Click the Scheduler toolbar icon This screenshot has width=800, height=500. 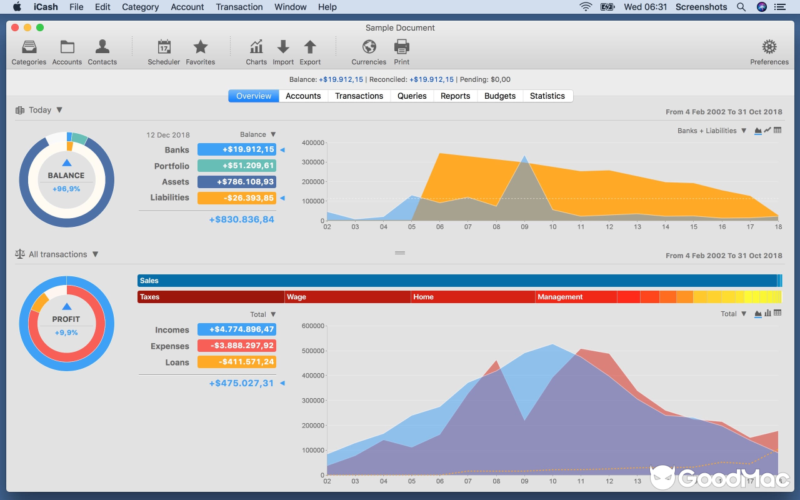[x=164, y=47]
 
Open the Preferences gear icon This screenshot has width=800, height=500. [x=769, y=47]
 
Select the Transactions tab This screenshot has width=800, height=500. [x=359, y=96]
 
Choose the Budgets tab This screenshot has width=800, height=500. [x=500, y=96]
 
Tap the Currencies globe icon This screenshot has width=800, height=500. [x=369, y=47]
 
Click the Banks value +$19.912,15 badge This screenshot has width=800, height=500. [x=237, y=150]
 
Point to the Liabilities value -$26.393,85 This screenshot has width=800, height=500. [x=237, y=198]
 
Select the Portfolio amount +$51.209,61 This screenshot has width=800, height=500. [x=237, y=166]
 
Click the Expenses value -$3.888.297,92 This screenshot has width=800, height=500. [x=237, y=346]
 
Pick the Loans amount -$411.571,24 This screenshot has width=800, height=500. [x=237, y=362]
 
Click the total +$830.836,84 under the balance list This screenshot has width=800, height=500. [x=241, y=220]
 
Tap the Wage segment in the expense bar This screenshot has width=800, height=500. [x=347, y=297]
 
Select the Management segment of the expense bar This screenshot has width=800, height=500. [x=575, y=297]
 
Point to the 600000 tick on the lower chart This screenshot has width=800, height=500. [x=313, y=326]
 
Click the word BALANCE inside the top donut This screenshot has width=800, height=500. [x=66, y=176]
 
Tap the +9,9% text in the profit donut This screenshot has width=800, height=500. [x=66, y=333]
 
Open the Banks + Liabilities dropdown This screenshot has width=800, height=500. [x=712, y=131]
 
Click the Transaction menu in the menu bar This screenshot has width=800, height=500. [x=239, y=7]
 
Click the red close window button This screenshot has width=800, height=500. [x=15, y=27]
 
